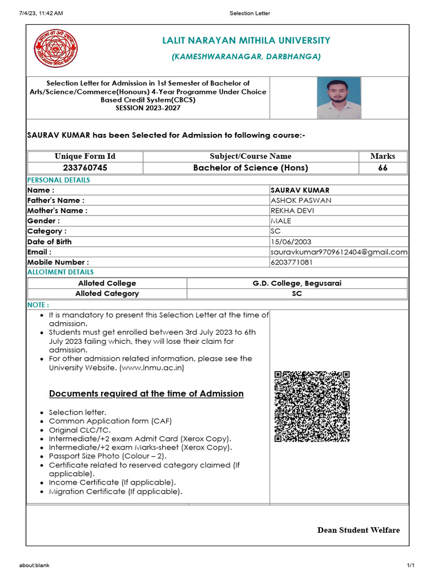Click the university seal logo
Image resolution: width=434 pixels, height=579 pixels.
[57, 49]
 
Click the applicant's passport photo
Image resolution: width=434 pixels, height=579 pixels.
[338, 97]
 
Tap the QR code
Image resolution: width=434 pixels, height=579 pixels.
[312, 406]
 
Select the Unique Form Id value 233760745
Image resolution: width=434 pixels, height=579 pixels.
[85, 168]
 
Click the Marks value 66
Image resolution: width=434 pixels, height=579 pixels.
[383, 168]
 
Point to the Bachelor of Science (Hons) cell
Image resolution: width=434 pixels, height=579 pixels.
[250, 168]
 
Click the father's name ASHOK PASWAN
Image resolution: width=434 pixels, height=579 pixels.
[301, 200]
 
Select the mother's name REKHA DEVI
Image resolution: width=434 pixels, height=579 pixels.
[293, 211]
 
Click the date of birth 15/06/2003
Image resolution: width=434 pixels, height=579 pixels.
[291, 241]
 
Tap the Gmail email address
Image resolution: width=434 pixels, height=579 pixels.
[339, 252]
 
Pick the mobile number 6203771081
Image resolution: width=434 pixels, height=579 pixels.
[292, 262]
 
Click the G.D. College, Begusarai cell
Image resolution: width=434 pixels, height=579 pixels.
[297, 283]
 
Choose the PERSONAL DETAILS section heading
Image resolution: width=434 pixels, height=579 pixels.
[59, 180]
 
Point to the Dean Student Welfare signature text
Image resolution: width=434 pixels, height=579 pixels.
[358, 530]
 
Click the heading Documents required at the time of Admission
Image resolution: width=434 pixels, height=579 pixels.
[146, 394]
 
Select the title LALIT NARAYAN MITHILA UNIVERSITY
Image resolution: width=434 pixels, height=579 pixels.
[246, 41]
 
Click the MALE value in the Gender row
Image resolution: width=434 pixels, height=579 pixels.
[281, 221]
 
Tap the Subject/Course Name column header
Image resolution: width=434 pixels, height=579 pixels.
[250, 156]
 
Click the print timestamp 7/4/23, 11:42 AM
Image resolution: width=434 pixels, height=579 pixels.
[41, 13]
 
